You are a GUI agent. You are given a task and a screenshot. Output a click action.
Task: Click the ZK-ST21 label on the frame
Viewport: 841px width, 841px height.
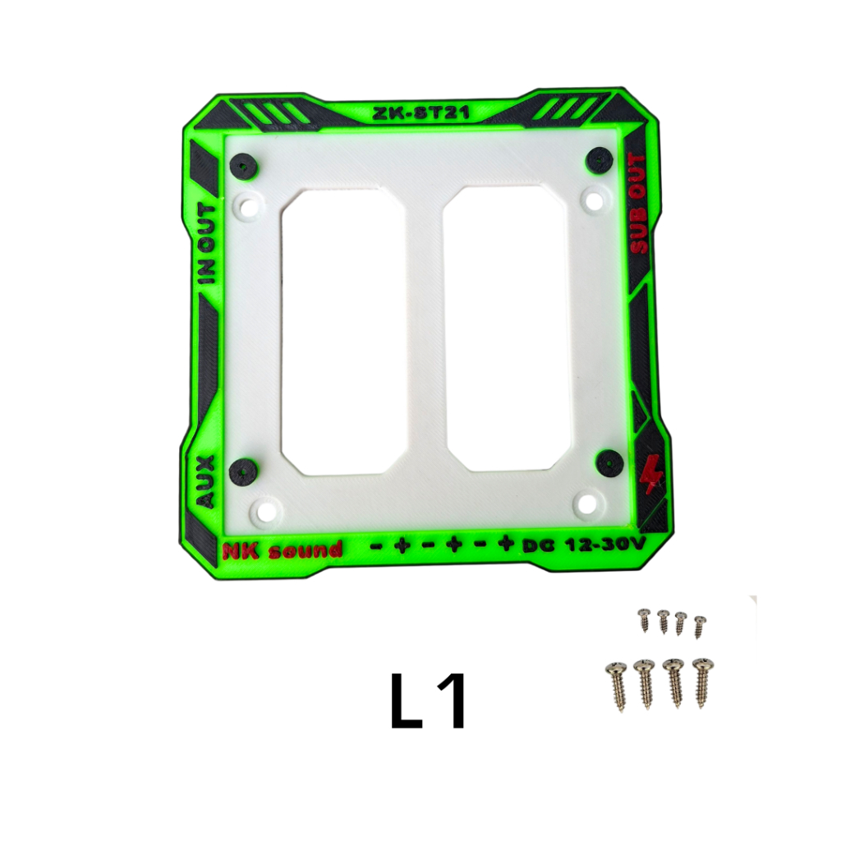click(420, 113)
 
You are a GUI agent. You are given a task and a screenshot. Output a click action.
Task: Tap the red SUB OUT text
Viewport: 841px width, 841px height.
click(637, 204)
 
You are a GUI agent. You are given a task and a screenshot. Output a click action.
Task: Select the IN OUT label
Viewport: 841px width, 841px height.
click(206, 244)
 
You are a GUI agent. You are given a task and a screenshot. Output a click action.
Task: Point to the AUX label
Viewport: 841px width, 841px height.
click(205, 481)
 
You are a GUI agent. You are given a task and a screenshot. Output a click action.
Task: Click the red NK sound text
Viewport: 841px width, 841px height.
click(283, 549)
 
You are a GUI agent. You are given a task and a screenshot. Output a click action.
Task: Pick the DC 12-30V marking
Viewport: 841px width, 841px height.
click(584, 545)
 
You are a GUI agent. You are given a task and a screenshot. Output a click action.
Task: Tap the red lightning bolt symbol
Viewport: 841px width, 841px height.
click(651, 473)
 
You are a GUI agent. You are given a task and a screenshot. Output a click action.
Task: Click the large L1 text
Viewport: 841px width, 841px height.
click(427, 701)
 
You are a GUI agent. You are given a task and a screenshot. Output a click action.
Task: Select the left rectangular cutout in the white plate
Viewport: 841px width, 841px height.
click(343, 332)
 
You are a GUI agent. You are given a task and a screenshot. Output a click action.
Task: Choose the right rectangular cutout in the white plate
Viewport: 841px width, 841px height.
click(506, 329)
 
